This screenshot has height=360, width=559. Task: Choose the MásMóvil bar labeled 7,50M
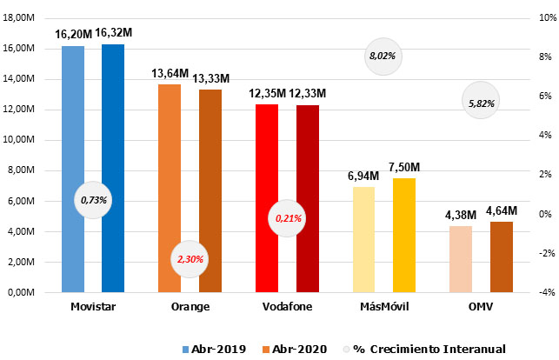click(x=403, y=235)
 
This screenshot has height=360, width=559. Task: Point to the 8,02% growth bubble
click(x=383, y=56)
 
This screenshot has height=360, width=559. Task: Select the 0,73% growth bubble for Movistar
click(x=93, y=200)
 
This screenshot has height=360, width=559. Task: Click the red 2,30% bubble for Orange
click(x=190, y=259)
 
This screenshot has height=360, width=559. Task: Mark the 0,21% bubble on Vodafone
click(x=287, y=218)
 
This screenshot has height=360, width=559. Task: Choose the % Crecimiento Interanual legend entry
click(x=435, y=349)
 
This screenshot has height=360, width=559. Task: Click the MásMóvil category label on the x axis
click(x=383, y=307)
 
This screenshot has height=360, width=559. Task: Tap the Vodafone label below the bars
click(x=287, y=307)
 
